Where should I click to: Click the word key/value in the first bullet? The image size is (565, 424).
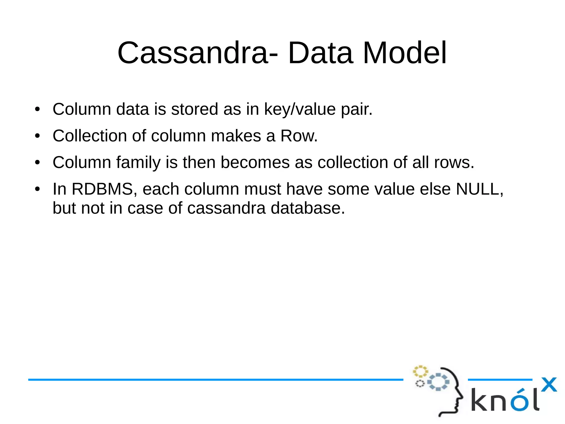click(300, 109)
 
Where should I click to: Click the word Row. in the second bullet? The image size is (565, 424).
click(299, 136)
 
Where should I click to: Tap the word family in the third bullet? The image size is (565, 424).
click(138, 162)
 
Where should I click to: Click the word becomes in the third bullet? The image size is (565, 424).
click(255, 162)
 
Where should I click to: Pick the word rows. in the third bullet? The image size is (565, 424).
click(454, 162)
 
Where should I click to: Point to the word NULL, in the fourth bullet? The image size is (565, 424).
click(479, 189)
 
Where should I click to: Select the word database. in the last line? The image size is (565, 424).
click(308, 208)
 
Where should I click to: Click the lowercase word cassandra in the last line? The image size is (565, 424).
click(226, 208)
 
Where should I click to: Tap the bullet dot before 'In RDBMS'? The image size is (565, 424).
click(38, 189)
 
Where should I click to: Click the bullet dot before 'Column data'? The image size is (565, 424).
click(38, 109)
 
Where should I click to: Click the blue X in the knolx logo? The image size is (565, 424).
click(549, 385)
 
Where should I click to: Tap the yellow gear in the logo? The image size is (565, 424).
click(420, 372)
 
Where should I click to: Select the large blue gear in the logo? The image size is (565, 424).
click(438, 382)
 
